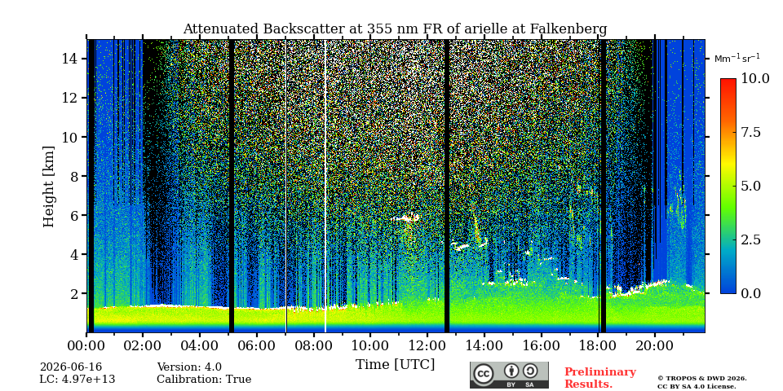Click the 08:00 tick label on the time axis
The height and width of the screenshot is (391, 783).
(313, 345)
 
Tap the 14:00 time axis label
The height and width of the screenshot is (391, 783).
(484, 345)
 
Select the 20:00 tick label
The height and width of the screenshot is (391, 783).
(655, 345)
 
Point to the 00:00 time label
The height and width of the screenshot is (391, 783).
(86, 345)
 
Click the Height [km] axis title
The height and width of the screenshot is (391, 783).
(48, 187)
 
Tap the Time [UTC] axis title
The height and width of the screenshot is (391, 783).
(395, 365)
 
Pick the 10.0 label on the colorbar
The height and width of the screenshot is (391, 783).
(754, 79)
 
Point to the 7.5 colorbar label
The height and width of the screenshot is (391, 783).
(750, 132)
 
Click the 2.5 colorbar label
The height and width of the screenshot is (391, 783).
(750, 239)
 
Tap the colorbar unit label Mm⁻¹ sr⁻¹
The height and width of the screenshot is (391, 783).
(737, 59)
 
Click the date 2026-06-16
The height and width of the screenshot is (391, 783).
(71, 367)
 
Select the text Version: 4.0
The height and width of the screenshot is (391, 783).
(189, 367)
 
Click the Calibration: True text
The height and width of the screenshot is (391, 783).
(204, 380)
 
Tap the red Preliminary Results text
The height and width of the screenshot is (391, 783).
(600, 378)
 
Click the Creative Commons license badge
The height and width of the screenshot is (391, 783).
(509, 375)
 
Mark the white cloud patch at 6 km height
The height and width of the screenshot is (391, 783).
(405, 218)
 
